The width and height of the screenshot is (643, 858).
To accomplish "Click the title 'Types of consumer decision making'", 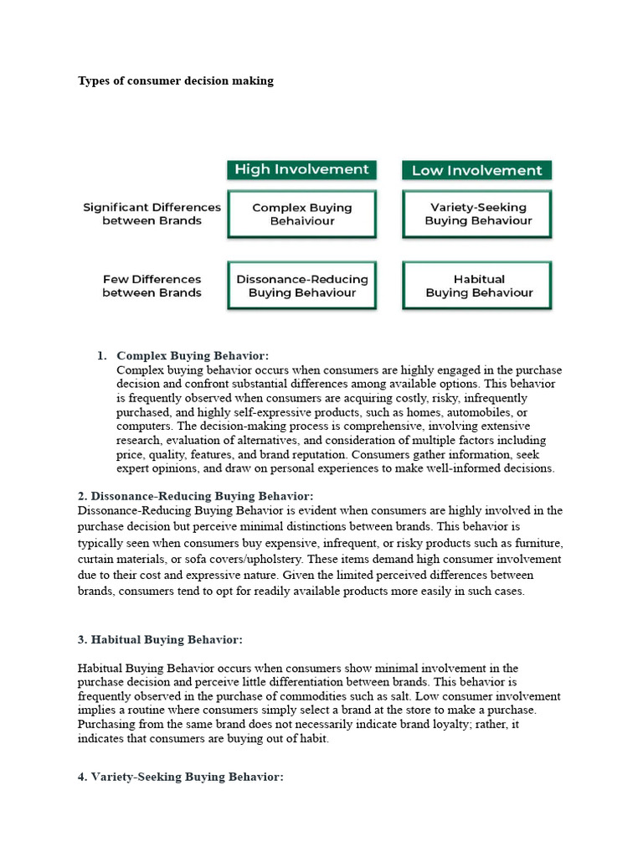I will coord(176,81).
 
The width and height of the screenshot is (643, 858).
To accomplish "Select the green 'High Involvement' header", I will coord(301,170).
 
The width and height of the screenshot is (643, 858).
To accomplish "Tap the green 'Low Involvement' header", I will coord(476,171).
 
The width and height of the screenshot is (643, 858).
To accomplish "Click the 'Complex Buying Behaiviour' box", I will coord(301,214).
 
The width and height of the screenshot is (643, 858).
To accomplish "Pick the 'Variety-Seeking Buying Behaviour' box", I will coord(477,214).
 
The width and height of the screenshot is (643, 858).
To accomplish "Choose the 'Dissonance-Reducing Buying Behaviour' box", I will coord(301,286).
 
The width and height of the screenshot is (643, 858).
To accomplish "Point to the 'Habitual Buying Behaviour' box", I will coord(477,286).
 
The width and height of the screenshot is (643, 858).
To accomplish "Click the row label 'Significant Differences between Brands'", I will coord(152,214).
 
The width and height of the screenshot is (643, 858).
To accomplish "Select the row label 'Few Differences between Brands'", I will coord(152,286).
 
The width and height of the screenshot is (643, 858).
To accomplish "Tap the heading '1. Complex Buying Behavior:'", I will coord(193,356).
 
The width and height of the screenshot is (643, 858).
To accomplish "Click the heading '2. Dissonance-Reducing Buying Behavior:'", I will coord(195,496).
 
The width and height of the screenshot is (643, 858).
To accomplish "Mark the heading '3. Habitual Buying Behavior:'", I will coord(160,639).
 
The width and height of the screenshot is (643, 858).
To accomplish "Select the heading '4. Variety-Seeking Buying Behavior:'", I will coord(181,777).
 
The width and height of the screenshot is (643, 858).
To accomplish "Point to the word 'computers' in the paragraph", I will coord(142,426).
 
